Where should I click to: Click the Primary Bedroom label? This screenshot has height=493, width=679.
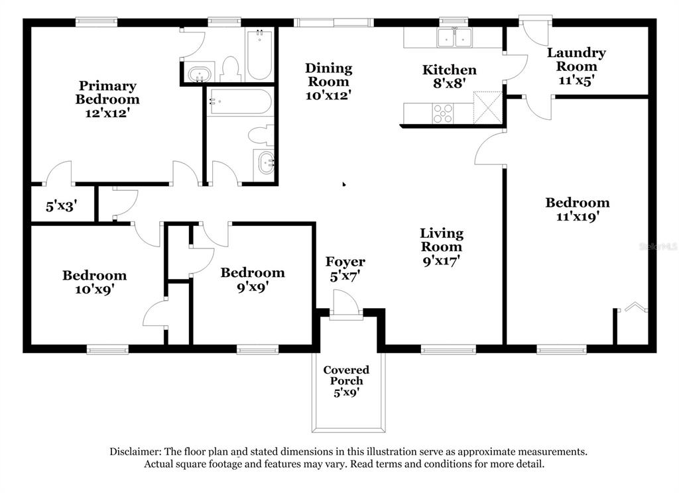pyautogui.click(x=107, y=93)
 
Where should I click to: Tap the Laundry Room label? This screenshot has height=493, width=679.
pyautogui.click(x=576, y=60)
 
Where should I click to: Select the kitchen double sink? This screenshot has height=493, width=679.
pyautogui.click(x=454, y=38)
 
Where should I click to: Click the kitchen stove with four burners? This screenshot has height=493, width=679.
pyautogui.click(x=442, y=114)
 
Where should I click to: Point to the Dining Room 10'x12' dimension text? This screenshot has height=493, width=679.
pyautogui.click(x=328, y=95)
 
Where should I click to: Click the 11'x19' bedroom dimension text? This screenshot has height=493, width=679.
pyautogui.click(x=578, y=217)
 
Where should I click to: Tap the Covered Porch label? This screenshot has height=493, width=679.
pyautogui.click(x=346, y=375)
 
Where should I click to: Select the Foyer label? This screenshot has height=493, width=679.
pyautogui.click(x=345, y=262)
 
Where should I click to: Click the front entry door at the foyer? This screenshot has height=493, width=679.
pyautogui.click(x=346, y=305)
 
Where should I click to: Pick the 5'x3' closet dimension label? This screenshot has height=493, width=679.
pyautogui.click(x=61, y=207)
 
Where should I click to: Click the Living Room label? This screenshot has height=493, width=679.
pyautogui.click(x=441, y=240)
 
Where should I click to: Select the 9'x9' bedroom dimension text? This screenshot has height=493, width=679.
pyautogui.click(x=253, y=287)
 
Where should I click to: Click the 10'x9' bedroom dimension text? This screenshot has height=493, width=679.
pyautogui.click(x=94, y=289)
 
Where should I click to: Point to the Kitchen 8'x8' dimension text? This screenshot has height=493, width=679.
pyautogui.click(x=449, y=83)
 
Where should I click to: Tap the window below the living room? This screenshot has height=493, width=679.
pyautogui.click(x=448, y=349)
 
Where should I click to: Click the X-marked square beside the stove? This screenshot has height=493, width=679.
pyautogui.click(x=488, y=107)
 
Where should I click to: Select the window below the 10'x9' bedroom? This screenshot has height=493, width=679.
pyautogui.click(x=107, y=349)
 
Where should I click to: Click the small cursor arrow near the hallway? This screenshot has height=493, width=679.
pyautogui.click(x=344, y=184)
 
